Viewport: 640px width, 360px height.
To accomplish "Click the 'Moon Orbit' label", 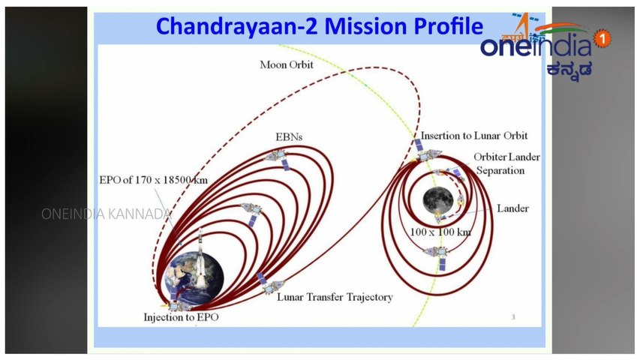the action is point(287,64).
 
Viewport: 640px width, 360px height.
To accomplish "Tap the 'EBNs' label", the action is point(289,137).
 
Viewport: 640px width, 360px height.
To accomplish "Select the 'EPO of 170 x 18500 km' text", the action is point(153,180).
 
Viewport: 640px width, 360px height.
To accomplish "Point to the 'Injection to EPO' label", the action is point(181,317).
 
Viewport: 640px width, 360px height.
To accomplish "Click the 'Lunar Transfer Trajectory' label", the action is point(335,297).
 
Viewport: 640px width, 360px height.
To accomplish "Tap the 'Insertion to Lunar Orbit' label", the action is point(474,136).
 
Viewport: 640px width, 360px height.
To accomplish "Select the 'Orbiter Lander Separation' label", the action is point(506,163).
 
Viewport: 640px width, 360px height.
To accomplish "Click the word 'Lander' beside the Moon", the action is point(512,208).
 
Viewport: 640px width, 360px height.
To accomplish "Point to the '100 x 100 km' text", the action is point(440,232).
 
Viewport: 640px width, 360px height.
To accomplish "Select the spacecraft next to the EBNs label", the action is point(278,159).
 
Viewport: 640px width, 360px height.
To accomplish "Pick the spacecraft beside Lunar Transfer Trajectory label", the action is point(269,284).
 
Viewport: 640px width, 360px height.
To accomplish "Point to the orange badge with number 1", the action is point(602,39).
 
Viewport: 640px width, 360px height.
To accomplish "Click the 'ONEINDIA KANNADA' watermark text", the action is point(107,214).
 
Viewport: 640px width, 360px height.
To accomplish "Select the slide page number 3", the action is point(513,316).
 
